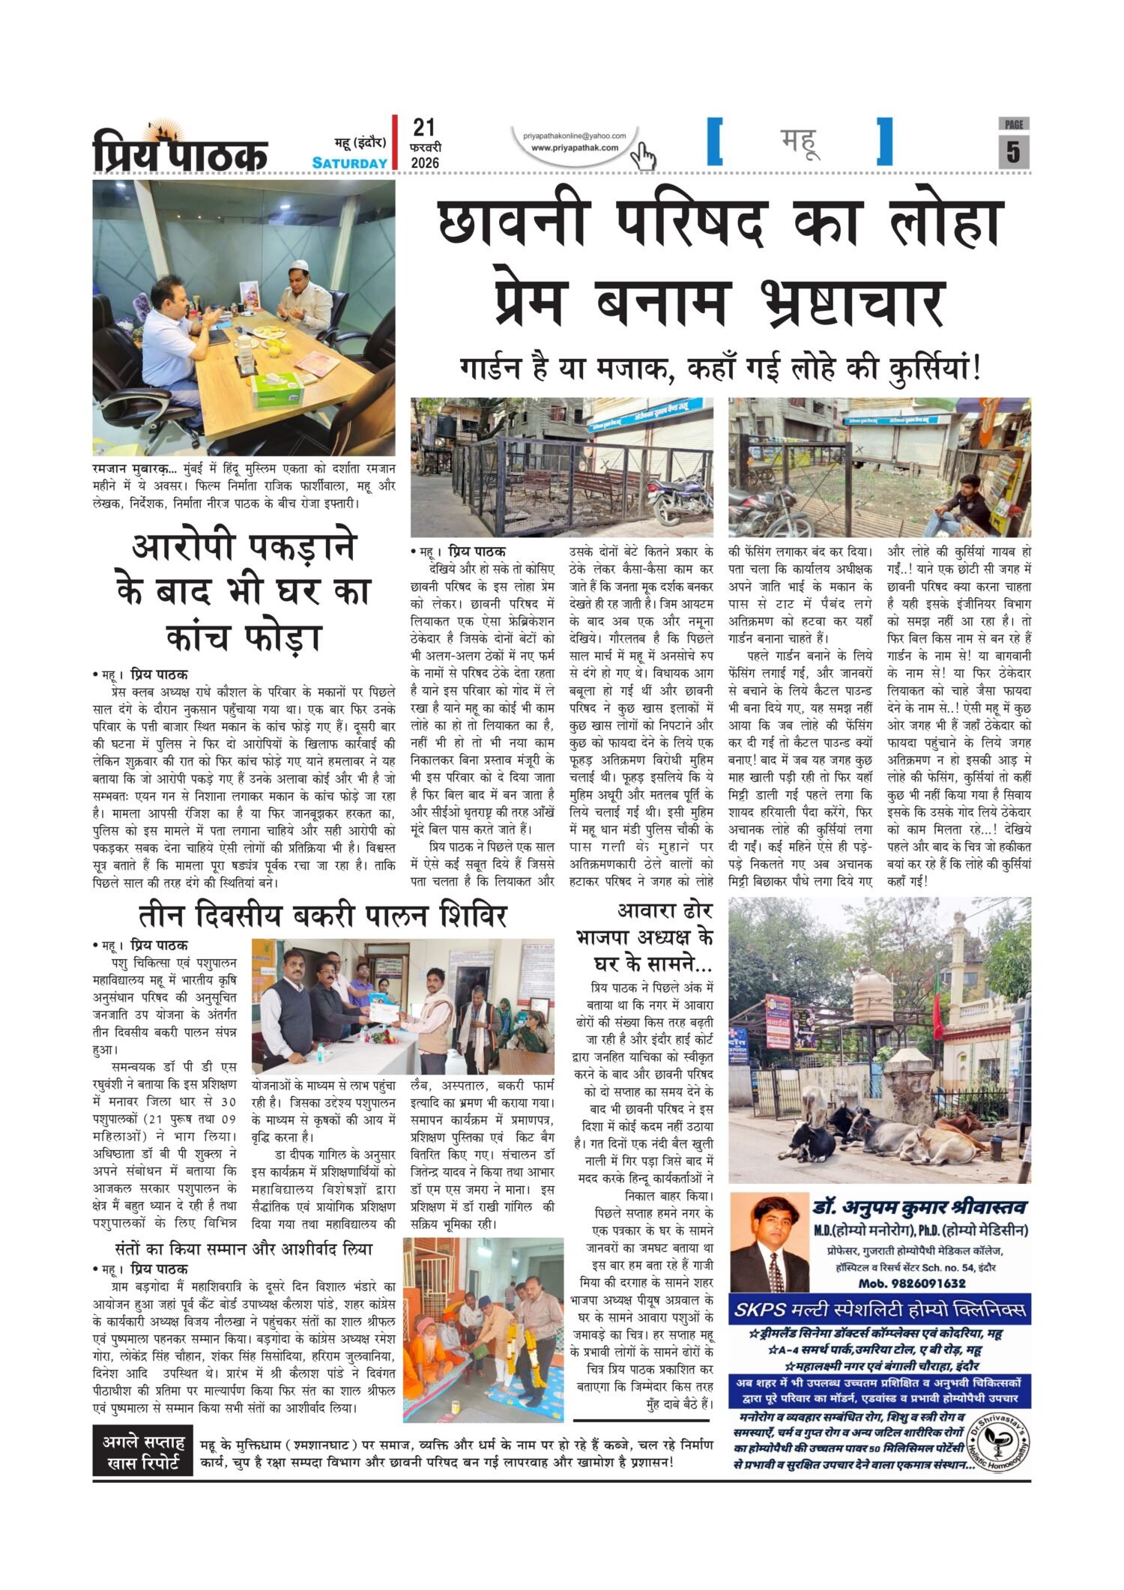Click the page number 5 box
1013,151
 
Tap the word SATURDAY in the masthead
350,163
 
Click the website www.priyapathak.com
575,148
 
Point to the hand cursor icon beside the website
642,157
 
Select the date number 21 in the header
423,127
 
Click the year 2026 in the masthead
426,163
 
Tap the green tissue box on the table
277,390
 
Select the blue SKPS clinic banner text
880,1311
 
